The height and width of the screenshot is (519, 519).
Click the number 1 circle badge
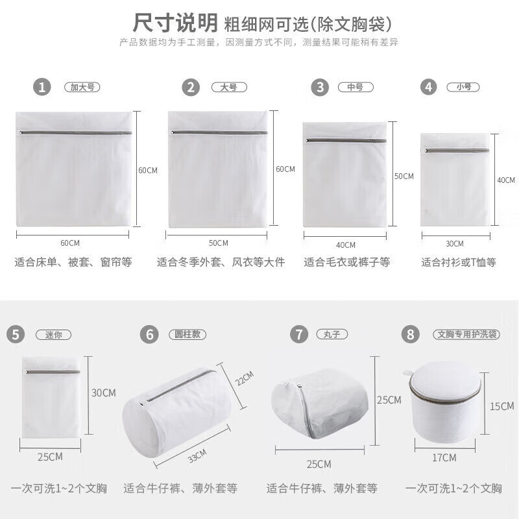43,88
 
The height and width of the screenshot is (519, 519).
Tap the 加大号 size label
82,88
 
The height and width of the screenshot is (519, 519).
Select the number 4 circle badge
428,87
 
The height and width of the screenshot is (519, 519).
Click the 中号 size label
355,87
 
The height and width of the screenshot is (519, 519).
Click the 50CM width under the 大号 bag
217,243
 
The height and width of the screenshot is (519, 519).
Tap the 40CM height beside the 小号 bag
506,180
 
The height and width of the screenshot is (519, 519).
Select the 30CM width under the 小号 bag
455,244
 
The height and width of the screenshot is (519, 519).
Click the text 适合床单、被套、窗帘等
73,263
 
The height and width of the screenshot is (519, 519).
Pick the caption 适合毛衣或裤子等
346,263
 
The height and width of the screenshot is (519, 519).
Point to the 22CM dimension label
245,379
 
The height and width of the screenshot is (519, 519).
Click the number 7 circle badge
298,335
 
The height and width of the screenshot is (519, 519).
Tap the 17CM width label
444,458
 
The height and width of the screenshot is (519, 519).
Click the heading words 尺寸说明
175,23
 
